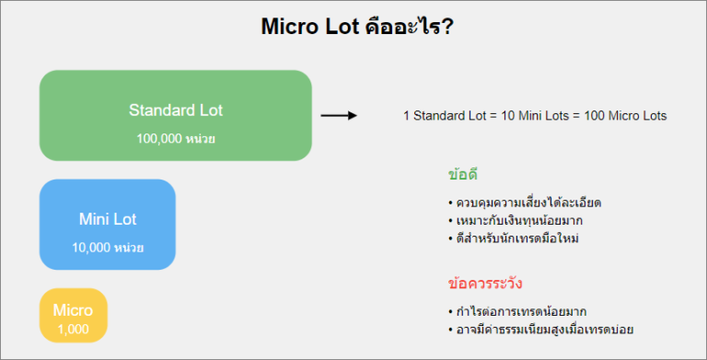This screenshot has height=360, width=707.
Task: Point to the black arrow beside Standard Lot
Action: pyautogui.click(x=338, y=116)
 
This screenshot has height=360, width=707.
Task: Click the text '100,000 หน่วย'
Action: pyautogui.click(x=176, y=138)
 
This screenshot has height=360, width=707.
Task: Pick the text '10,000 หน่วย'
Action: pyautogui.click(x=108, y=248)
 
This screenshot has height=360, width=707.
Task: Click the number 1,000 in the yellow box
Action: pyautogui.click(x=73, y=328)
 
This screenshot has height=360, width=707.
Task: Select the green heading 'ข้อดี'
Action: pyautogui.click(x=462, y=174)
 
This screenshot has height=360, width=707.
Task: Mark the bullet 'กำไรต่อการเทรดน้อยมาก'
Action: pyautogui.click(x=521, y=310)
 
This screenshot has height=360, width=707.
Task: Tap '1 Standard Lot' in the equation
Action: pyautogui.click(x=444, y=116)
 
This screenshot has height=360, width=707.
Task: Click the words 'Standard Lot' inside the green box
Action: pyautogui.click(x=176, y=110)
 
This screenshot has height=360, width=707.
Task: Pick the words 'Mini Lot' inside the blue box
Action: pyautogui.click(x=108, y=220)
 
